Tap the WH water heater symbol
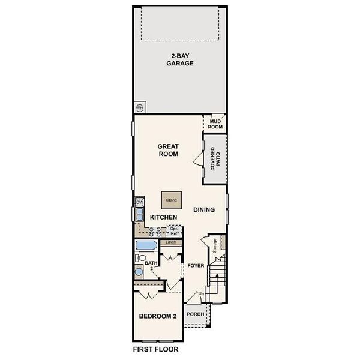tap(139, 108)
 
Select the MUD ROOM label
tap(215, 124)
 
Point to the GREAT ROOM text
tap(169, 150)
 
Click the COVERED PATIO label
tap(218, 161)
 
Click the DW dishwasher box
tap(139, 202)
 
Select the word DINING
tap(205, 209)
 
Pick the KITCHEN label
tap(163, 217)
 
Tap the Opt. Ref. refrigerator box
tap(174, 231)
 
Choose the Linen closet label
tap(170, 242)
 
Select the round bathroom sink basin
tap(139, 272)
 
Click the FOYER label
tap(196, 265)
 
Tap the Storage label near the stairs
tap(214, 245)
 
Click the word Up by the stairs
tap(202, 293)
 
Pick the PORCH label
tap(194, 314)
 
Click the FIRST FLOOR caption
tap(155, 349)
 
